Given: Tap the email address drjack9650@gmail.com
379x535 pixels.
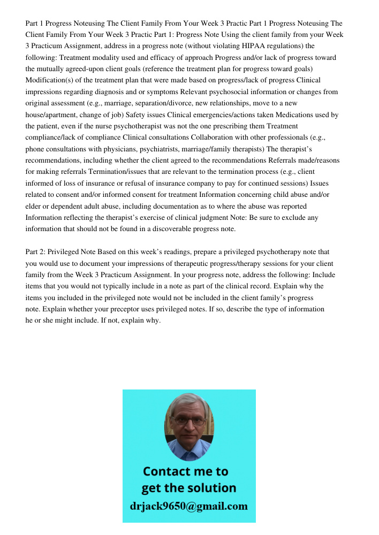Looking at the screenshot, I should click(189, 506).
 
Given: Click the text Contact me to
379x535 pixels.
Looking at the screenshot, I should click(186, 471).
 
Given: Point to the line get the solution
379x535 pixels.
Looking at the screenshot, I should click(188, 488).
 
